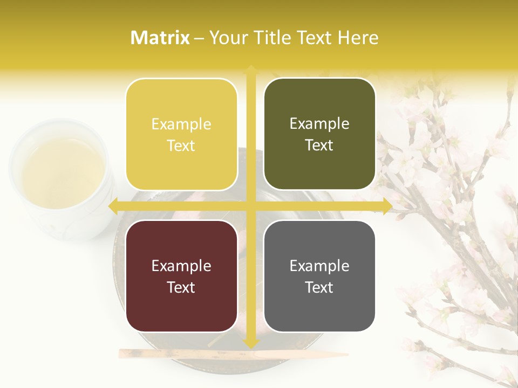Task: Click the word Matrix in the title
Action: (x=160, y=38)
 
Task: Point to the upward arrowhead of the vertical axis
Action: (x=251, y=69)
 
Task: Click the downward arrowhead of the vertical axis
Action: (x=251, y=343)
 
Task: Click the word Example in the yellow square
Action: (x=181, y=124)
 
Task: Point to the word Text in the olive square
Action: (x=319, y=145)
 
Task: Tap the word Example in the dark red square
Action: (x=181, y=266)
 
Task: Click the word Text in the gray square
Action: (x=319, y=287)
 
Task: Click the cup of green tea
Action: (x=62, y=175)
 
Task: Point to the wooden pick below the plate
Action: (x=232, y=354)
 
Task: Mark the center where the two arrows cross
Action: (x=251, y=206)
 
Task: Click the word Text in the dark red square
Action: (x=181, y=287)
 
